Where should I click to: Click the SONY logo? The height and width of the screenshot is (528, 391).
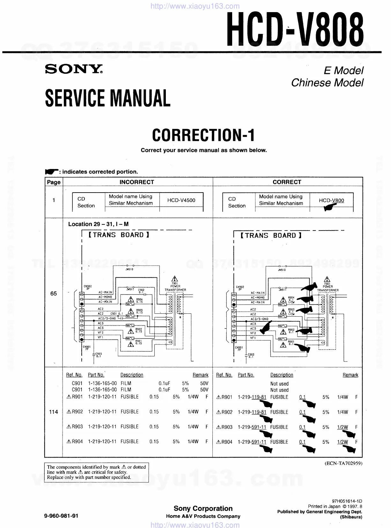point(74,69)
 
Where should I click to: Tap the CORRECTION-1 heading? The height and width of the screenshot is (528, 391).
point(203,135)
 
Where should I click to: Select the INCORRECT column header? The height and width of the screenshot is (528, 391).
point(136,182)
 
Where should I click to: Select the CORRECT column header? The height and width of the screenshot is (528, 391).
point(287,182)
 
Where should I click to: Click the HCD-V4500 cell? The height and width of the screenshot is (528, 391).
point(181,200)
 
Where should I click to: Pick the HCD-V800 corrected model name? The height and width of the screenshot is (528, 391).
point(331,201)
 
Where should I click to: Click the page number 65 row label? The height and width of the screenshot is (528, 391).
point(54,293)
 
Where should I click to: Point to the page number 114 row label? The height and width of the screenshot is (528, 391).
point(54,412)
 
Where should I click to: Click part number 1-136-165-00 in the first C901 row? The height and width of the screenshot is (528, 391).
point(102,383)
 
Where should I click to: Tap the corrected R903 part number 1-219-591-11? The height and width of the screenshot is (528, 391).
point(252,427)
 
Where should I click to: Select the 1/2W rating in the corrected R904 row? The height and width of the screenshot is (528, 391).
point(343,442)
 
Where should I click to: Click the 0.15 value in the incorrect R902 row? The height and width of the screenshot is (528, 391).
point(154,412)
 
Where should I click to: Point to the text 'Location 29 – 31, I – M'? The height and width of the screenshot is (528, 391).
point(98,224)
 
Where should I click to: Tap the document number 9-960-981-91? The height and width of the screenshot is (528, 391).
point(62,516)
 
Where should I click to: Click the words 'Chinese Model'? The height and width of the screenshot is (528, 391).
point(327,83)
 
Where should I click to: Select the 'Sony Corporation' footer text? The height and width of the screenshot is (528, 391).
point(203,509)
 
